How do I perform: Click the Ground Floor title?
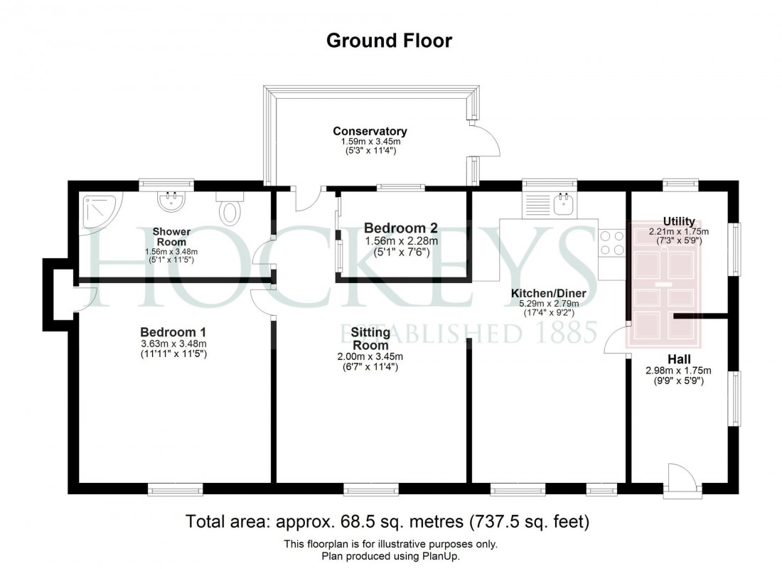coord(389,41)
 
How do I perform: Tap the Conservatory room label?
coord(370,132)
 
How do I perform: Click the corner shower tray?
coord(100,209)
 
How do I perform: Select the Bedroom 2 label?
coord(400,229)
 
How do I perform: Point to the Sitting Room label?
coord(370,339)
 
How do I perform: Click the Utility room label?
coord(678,222)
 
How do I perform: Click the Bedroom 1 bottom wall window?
coord(175,489)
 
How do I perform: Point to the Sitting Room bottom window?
coord(370,489)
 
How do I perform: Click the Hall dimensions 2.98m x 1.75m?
coord(679,370)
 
